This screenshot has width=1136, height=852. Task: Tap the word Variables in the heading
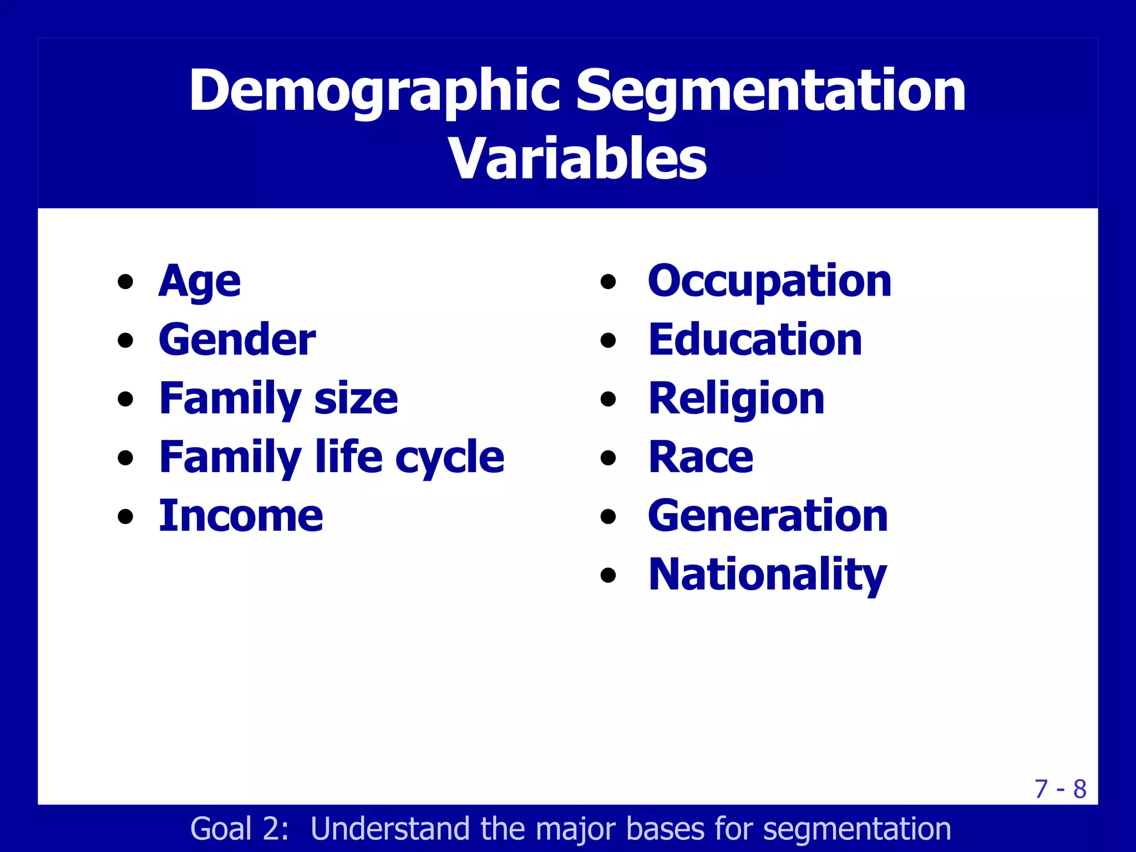(577, 159)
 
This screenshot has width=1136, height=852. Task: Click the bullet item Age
(200, 281)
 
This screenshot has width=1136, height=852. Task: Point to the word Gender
(237, 339)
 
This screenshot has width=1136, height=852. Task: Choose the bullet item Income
(241, 516)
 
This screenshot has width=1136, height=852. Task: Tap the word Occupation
(769, 281)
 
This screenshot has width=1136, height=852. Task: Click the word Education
(755, 339)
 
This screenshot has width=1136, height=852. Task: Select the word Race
(701, 458)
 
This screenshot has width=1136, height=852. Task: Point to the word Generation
(768, 516)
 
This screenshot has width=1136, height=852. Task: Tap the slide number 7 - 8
(1060, 789)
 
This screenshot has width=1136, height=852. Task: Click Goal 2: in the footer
(240, 829)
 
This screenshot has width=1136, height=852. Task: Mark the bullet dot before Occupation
(608, 282)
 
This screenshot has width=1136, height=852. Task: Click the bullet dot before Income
(126, 516)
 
